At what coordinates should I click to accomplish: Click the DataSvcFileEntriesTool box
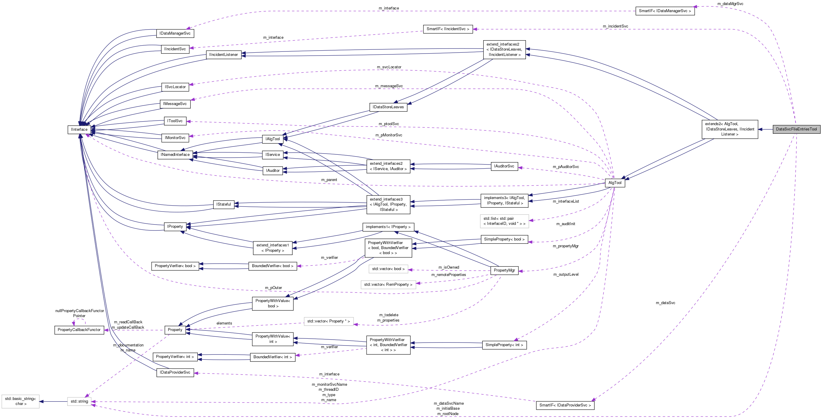(796, 129)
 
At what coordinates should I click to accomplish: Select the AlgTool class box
(615, 183)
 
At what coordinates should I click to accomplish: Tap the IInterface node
(79, 130)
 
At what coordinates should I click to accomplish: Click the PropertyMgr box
(504, 270)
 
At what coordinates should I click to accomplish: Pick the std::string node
(79, 401)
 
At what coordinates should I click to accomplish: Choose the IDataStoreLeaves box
(388, 107)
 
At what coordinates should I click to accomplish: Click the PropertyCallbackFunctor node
(79, 330)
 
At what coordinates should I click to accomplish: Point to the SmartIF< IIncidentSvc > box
(448, 29)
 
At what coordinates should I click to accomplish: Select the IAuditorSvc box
(504, 166)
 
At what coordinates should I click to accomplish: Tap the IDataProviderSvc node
(175, 372)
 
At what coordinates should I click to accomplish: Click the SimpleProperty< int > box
(504, 345)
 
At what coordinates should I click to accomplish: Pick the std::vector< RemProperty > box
(388, 285)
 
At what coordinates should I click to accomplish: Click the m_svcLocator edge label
(389, 67)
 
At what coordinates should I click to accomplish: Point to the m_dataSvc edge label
(665, 303)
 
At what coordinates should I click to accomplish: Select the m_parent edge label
(329, 180)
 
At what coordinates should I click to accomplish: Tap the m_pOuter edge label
(274, 288)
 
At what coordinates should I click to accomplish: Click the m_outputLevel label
(566, 275)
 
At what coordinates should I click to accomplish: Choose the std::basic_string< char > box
(20, 401)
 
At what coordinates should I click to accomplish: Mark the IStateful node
(223, 204)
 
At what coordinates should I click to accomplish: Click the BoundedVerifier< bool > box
(272, 266)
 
